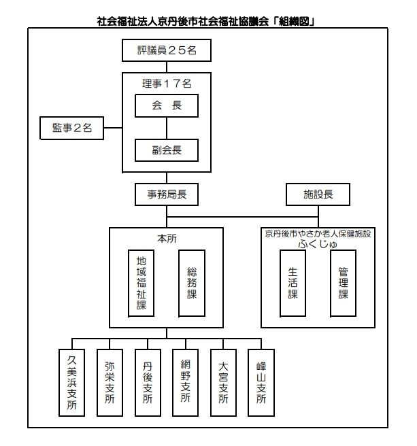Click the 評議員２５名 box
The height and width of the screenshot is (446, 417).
(167, 51)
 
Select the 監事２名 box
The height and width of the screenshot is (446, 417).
(72, 127)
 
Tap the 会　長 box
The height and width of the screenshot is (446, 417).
(167, 105)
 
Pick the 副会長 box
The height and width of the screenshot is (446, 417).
(167, 149)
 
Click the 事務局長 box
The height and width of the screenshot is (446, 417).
(167, 194)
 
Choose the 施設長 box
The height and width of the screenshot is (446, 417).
(318, 194)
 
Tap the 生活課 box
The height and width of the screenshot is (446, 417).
(293, 284)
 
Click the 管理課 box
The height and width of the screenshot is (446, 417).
(343, 284)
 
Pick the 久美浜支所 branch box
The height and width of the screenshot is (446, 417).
(72, 381)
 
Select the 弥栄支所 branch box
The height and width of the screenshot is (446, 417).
(110, 381)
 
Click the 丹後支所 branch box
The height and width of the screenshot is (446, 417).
(148, 381)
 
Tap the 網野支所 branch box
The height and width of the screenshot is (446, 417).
(186, 381)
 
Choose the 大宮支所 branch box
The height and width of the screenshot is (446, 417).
(223, 381)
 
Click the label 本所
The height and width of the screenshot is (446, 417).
(167, 238)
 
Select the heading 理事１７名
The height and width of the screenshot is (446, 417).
(167, 83)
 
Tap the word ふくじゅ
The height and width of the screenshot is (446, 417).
(318, 243)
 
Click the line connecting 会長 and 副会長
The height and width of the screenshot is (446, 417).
(167, 127)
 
